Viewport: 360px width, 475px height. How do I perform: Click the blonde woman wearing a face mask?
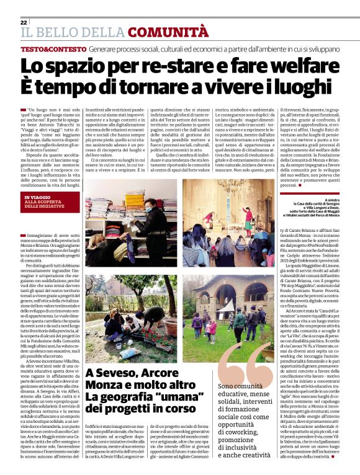[x=153, y=214]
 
